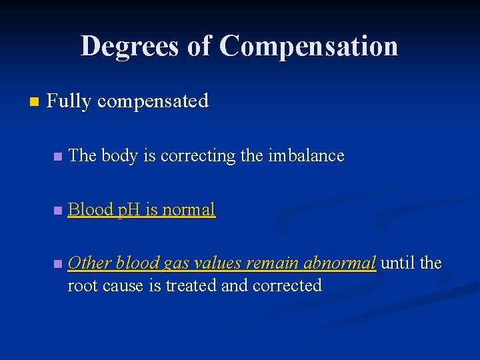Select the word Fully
coord(70,101)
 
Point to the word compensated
coord(153,101)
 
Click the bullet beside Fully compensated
coord(35,102)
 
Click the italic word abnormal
coord(339,263)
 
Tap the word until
coord(398,263)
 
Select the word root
coord(83,286)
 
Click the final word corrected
coord(288,285)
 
